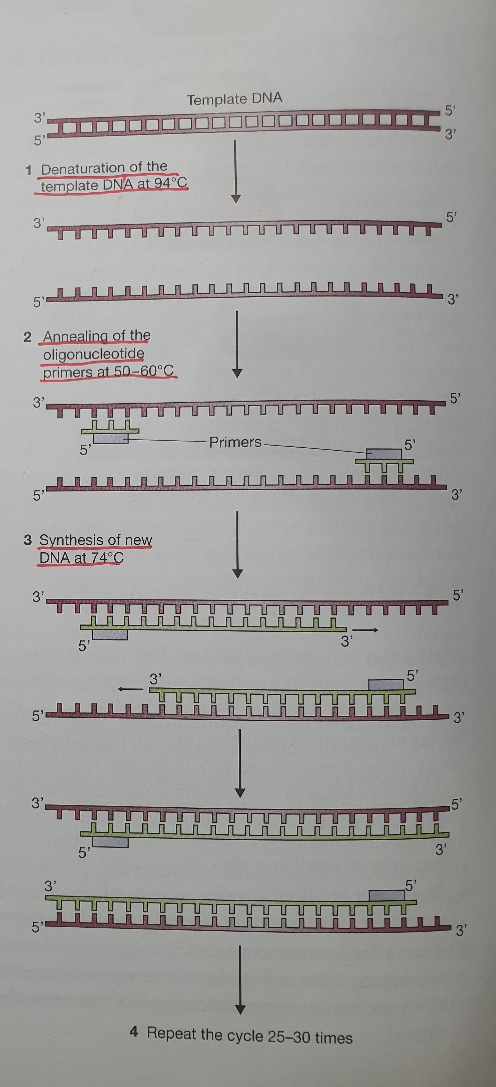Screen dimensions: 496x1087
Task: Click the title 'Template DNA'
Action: click(234, 100)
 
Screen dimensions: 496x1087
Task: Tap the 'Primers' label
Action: click(235, 442)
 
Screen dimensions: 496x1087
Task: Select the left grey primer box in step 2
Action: click(111, 439)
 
